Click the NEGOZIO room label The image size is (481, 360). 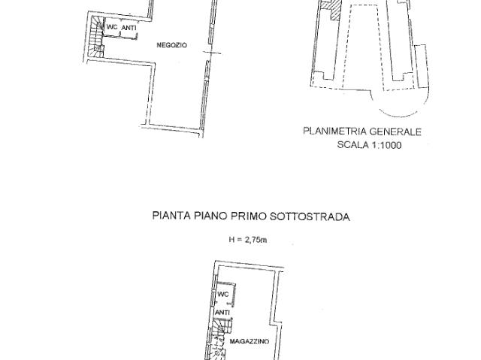pos(171,46)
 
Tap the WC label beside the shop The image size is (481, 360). pos(112,28)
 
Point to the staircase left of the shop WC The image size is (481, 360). pos(94,37)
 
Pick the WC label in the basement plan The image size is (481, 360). pos(222,294)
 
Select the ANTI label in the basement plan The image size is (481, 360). pos(222,313)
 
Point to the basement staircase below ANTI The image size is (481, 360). pos(220,342)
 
